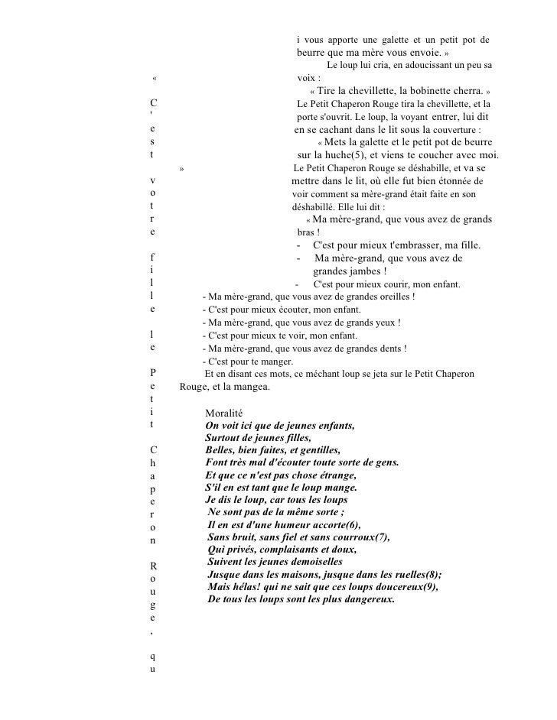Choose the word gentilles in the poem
(311, 450)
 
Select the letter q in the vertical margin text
(155, 656)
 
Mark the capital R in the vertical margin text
(155, 566)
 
